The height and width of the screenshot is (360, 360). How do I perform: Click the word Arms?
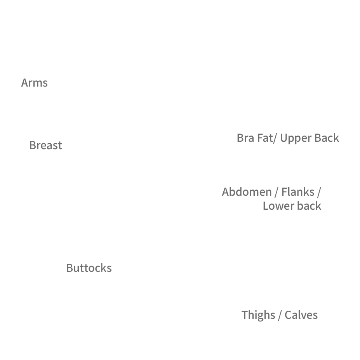coord(35,83)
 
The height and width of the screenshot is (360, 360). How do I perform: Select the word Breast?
coord(46,145)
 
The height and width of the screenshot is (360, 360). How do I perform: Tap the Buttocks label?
coord(89,268)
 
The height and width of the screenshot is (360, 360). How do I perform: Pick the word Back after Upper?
coord(327,138)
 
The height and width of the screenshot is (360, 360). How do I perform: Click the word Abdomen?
coord(247,192)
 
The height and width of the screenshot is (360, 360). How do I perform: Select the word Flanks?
coord(298,192)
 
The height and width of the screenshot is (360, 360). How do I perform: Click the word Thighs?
coord(258,315)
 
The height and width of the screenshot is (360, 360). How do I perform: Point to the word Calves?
coord(301,315)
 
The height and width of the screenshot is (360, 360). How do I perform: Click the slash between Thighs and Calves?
coord(280,315)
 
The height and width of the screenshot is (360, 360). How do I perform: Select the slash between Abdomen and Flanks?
coord(277,192)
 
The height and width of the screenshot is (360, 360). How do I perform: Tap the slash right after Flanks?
coord(319,192)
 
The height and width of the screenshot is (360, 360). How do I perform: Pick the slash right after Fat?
coord(275,138)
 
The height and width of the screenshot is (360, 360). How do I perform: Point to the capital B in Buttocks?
coord(70,268)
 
